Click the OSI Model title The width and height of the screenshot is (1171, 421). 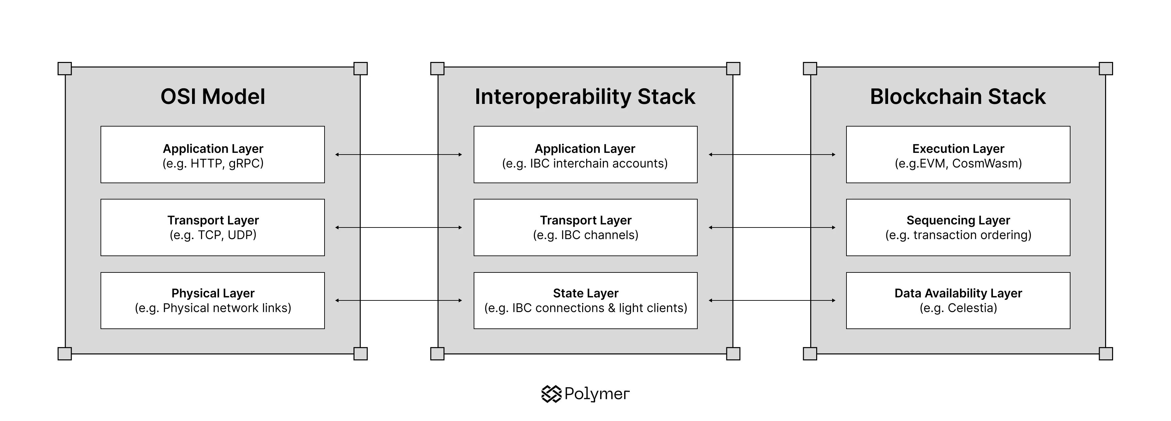coord(213,96)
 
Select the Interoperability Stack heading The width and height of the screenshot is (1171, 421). coord(585,96)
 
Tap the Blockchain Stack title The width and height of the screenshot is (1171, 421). coord(958,96)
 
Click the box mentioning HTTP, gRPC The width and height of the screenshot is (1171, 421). coord(213,155)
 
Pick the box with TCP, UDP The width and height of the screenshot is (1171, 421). coord(213,227)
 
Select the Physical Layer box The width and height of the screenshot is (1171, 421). coord(213,300)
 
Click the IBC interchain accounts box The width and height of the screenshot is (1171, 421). coord(585,155)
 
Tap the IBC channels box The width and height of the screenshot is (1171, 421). coord(585,227)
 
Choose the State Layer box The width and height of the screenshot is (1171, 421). coord(585,300)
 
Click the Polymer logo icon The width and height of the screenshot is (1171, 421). coord(552,394)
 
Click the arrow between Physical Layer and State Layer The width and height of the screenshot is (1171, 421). coord(399,300)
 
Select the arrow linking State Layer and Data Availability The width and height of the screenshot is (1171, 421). coord(772,300)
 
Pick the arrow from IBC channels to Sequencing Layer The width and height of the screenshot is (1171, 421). coord(772,227)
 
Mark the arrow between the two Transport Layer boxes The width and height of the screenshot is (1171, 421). coord(399,227)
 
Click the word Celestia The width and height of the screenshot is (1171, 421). coord(972,308)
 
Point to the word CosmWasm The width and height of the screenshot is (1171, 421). coord(987,164)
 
